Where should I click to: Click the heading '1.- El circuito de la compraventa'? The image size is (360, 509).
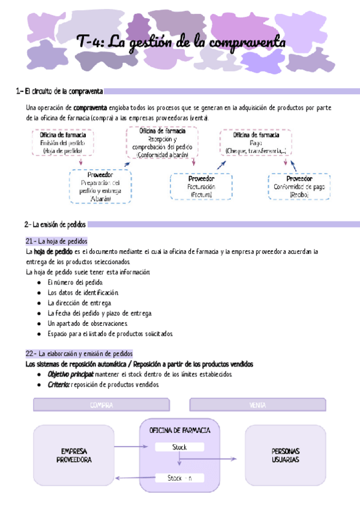pos(59,91)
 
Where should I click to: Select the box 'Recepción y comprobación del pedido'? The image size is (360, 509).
pos(161,143)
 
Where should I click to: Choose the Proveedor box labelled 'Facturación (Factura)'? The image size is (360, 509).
pos(201,187)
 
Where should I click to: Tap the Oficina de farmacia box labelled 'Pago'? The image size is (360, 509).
pos(256,143)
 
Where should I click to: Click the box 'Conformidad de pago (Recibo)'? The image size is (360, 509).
pos(298,187)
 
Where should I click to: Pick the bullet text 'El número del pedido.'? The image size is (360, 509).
pos(76,282)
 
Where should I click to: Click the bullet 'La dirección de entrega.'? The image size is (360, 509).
pos(79,303)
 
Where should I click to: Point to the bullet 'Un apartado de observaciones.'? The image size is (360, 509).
pos(88,323)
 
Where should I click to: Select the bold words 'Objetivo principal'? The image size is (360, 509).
pos(70,375)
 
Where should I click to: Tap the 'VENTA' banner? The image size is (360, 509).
pos(257,405)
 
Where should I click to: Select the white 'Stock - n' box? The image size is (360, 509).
pos(179,478)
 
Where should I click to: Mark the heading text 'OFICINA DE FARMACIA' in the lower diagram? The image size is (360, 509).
pos(179,431)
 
